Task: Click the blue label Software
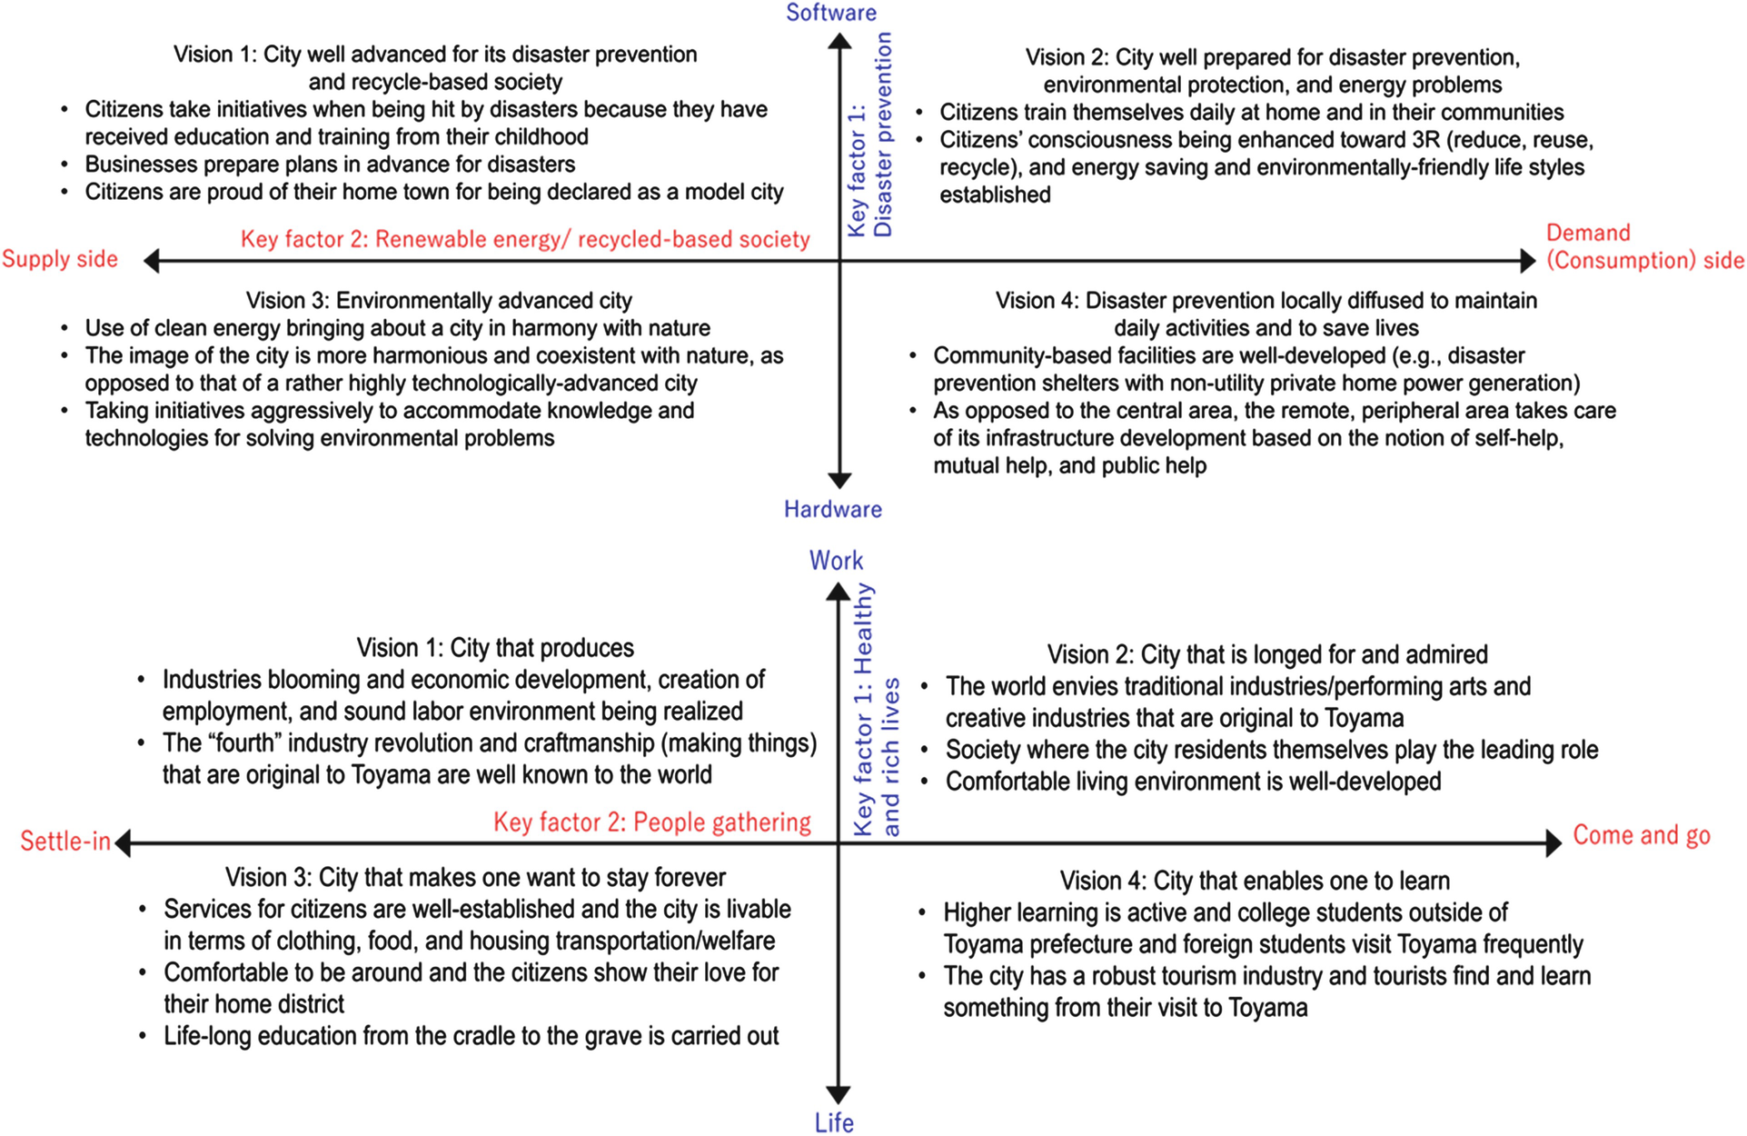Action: coord(830,13)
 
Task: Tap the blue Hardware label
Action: coord(832,509)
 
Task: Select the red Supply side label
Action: coord(60,259)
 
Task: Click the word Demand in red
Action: coord(1588,233)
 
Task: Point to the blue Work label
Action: coord(836,560)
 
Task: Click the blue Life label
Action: coord(834,1123)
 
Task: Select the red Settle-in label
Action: coord(65,842)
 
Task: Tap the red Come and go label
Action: coord(1641,835)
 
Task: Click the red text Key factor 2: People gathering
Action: coord(651,822)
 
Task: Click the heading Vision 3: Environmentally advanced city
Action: coord(439,301)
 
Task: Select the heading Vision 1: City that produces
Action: coord(495,648)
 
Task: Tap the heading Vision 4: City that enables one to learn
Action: coord(1255,881)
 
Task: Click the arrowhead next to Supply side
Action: coord(153,262)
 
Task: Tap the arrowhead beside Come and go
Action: coord(1553,843)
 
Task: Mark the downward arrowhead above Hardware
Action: coord(839,480)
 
